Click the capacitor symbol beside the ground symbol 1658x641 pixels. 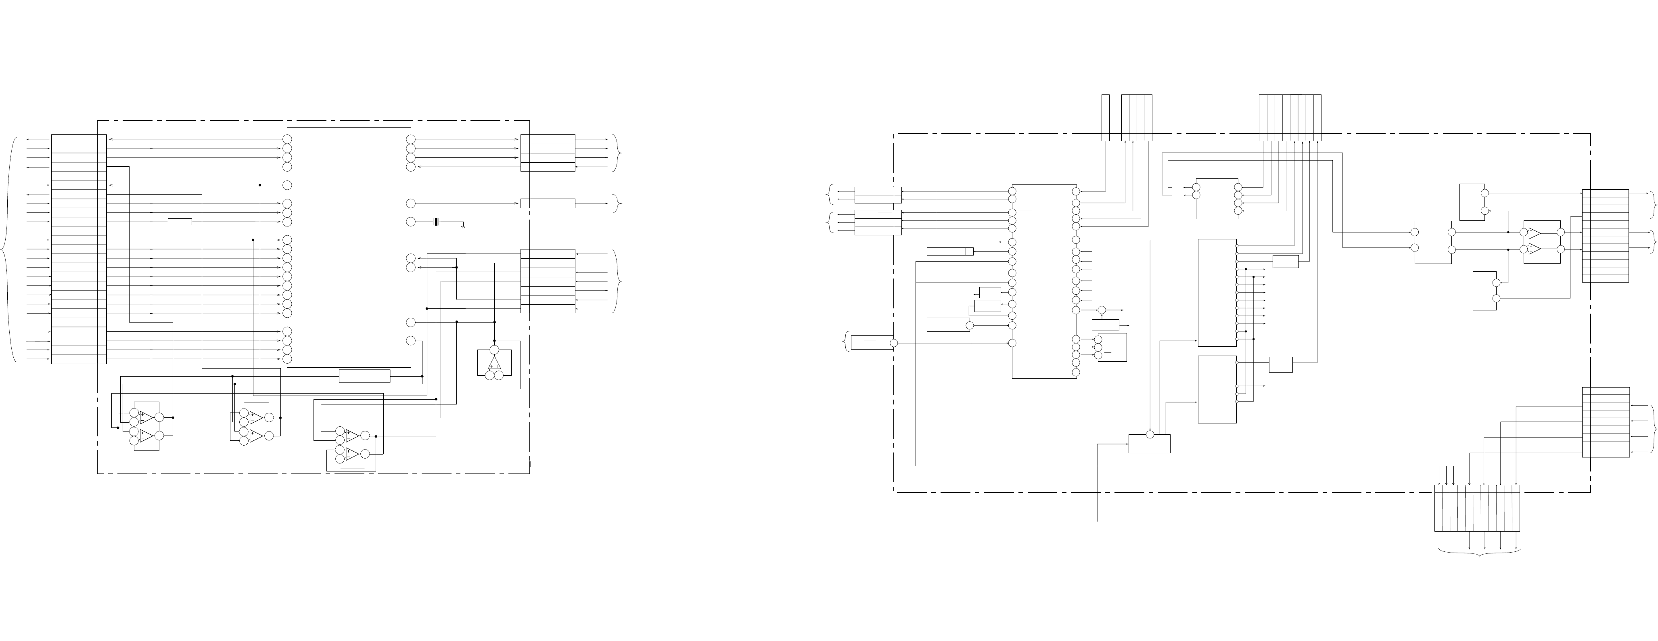click(436, 222)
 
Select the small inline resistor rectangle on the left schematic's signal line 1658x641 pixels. click(180, 222)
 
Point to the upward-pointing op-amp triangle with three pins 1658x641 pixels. click(494, 364)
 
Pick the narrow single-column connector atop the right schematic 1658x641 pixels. click(1105, 118)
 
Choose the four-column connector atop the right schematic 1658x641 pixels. click(1136, 118)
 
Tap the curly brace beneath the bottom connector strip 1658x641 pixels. click(1480, 553)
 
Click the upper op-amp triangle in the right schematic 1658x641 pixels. click(1535, 233)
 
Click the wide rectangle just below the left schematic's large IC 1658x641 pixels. click(364, 376)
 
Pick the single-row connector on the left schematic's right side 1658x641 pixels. click(548, 203)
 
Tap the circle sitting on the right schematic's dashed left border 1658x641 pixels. click(893, 343)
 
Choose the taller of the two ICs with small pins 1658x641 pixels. click(1217, 293)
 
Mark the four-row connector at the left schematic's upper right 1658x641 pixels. click(548, 153)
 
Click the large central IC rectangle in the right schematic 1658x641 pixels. click(1044, 281)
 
